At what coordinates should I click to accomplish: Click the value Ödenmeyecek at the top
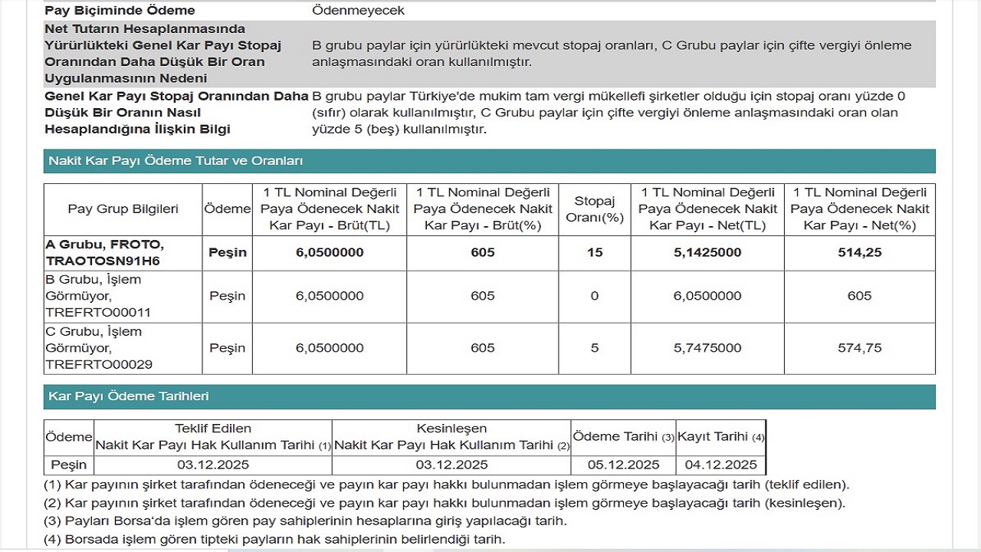[x=358, y=11]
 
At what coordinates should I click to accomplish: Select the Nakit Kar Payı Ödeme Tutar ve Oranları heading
[x=176, y=161]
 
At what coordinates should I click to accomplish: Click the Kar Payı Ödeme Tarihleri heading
[x=128, y=396]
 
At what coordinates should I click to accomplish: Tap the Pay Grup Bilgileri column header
[x=123, y=209]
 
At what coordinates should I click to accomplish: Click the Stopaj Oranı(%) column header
[x=595, y=209]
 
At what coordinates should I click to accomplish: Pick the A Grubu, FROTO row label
[x=104, y=252]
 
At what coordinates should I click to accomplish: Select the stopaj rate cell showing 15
[x=595, y=252]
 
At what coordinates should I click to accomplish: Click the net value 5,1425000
[x=707, y=252]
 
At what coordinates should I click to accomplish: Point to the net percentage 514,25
[x=860, y=252]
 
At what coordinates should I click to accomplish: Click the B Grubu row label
[x=98, y=296]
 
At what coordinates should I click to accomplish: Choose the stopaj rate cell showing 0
[x=595, y=296]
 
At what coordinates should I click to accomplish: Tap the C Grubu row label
[x=98, y=348]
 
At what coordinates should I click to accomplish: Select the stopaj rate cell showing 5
[x=595, y=348]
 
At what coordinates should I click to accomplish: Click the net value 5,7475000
[x=707, y=348]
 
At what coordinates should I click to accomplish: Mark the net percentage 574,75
[x=860, y=348]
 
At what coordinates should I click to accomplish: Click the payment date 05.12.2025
[x=622, y=465]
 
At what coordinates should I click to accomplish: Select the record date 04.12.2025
[x=720, y=465]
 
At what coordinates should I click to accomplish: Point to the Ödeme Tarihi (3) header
[x=623, y=437]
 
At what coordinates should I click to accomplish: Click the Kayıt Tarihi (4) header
[x=720, y=437]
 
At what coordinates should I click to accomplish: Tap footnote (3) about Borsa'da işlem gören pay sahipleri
[x=306, y=521]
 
